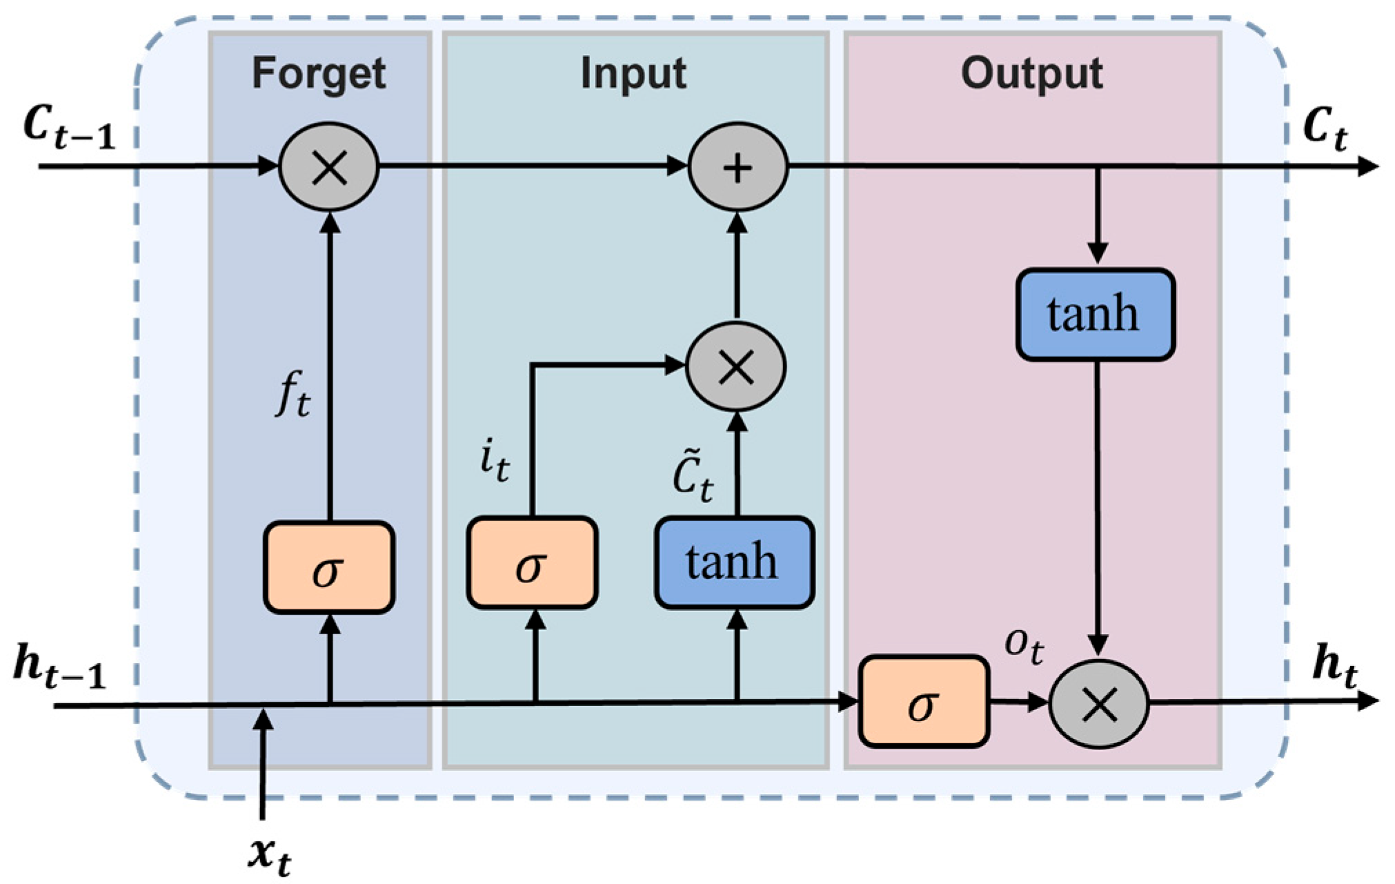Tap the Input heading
click(633, 74)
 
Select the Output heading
click(1032, 72)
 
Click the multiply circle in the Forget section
click(329, 167)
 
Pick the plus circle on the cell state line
click(738, 167)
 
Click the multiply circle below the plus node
click(736, 366)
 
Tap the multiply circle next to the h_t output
click(1099, 705)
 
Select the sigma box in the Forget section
click(329, 567)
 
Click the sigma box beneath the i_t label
click(532, 563)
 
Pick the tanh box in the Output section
click(1096, 315)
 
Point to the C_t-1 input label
click(69, 128)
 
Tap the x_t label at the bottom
click(270, 856)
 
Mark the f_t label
click(293, 393)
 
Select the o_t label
click(1024, 647)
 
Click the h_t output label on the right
click(1336, 666)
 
